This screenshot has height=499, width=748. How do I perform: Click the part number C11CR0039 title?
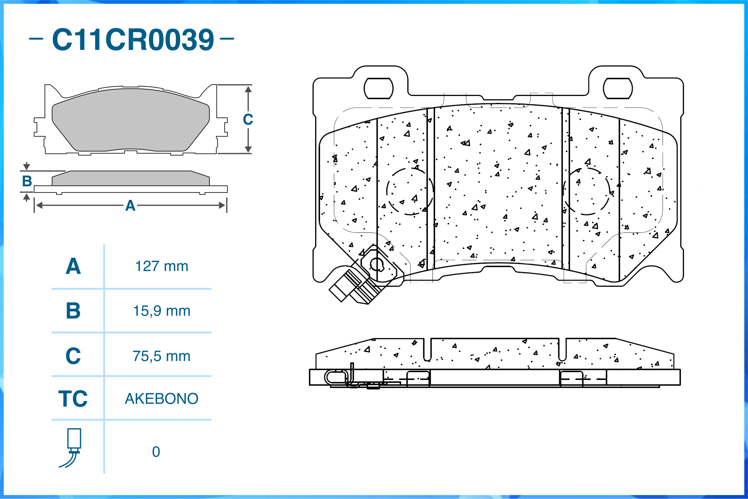click(x=133, y=40)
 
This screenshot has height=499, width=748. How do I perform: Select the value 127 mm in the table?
click(x=162, y=266)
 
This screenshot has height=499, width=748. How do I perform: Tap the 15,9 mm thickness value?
click(x=162, y=311)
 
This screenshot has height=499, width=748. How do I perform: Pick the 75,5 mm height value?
click(x=162, y=356)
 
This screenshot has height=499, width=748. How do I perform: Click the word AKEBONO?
click(x=162, y=399)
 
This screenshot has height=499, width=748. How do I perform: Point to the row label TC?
click(x=73, y=399)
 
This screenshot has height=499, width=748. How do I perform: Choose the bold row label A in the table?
click(x=73, y=266)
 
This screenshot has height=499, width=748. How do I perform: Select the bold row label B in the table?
click(x=73, y=311)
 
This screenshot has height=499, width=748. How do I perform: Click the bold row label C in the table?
click(x=73, y=356)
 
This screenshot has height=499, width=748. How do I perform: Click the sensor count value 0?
click(x=156, y=452)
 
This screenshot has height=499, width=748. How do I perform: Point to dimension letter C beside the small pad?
click(x=248, y=120)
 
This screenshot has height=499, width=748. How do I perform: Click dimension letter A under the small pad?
click(x=130, y=206)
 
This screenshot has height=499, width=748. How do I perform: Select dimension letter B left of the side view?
click(x=27, y=181)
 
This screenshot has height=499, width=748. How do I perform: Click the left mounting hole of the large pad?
click(x=378, y=89)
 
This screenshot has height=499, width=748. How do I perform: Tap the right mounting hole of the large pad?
click(x=617, y=89)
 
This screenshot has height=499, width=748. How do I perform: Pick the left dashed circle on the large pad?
click(x=410, y=191)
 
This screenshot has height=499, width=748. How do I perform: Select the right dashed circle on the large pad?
click(x=586, y=191)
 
